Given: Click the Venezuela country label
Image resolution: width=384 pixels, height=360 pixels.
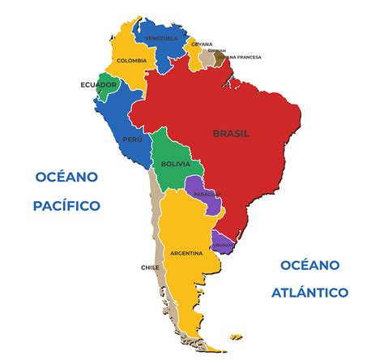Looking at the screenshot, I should pyautogui.click(x=160, y=38).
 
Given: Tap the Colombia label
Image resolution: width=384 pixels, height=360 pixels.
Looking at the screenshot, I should pyautogui.click(x=131, y=61).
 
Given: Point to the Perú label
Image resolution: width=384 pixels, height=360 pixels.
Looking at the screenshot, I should pyautogui.click(x=132, y=139).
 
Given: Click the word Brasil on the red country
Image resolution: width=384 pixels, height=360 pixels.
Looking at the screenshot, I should pyautogui.click(x=231, y=133).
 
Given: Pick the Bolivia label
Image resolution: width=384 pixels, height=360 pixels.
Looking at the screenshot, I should pyautogui.click(x=176, y=164).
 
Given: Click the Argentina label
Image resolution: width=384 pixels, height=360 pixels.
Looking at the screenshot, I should pyautogui.click(x=186, y=254).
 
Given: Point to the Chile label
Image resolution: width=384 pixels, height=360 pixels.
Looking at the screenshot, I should pyautogui.click(x=150, y=267).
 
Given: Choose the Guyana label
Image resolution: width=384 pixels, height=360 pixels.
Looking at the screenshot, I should pyautogui.click(x=202, y=44).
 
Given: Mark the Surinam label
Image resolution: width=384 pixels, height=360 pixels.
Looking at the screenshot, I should pyautogui.click(x=216, y=50).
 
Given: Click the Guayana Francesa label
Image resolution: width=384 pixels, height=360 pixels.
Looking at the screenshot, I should pyautogui.click(x=241, y=57).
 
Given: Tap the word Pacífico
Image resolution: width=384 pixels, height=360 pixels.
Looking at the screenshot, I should pyautogui.click(x=66, y=206).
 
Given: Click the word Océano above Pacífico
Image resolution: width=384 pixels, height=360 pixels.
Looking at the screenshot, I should pyautogui.click(x=66, y=177).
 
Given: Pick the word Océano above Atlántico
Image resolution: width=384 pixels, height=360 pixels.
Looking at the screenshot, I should pyautogui.click(x=310, y=265).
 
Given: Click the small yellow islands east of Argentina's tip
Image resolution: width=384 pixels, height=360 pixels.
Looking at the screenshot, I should pyautogui.click(x=235, y=336).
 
